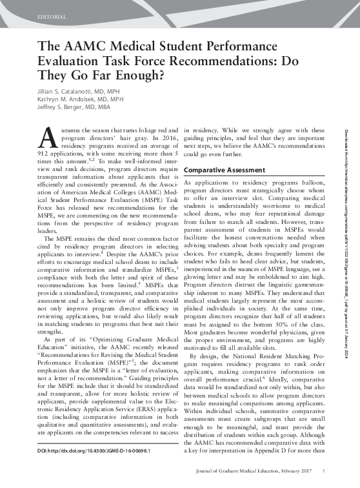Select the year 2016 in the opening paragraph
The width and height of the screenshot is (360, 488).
[162, 137]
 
